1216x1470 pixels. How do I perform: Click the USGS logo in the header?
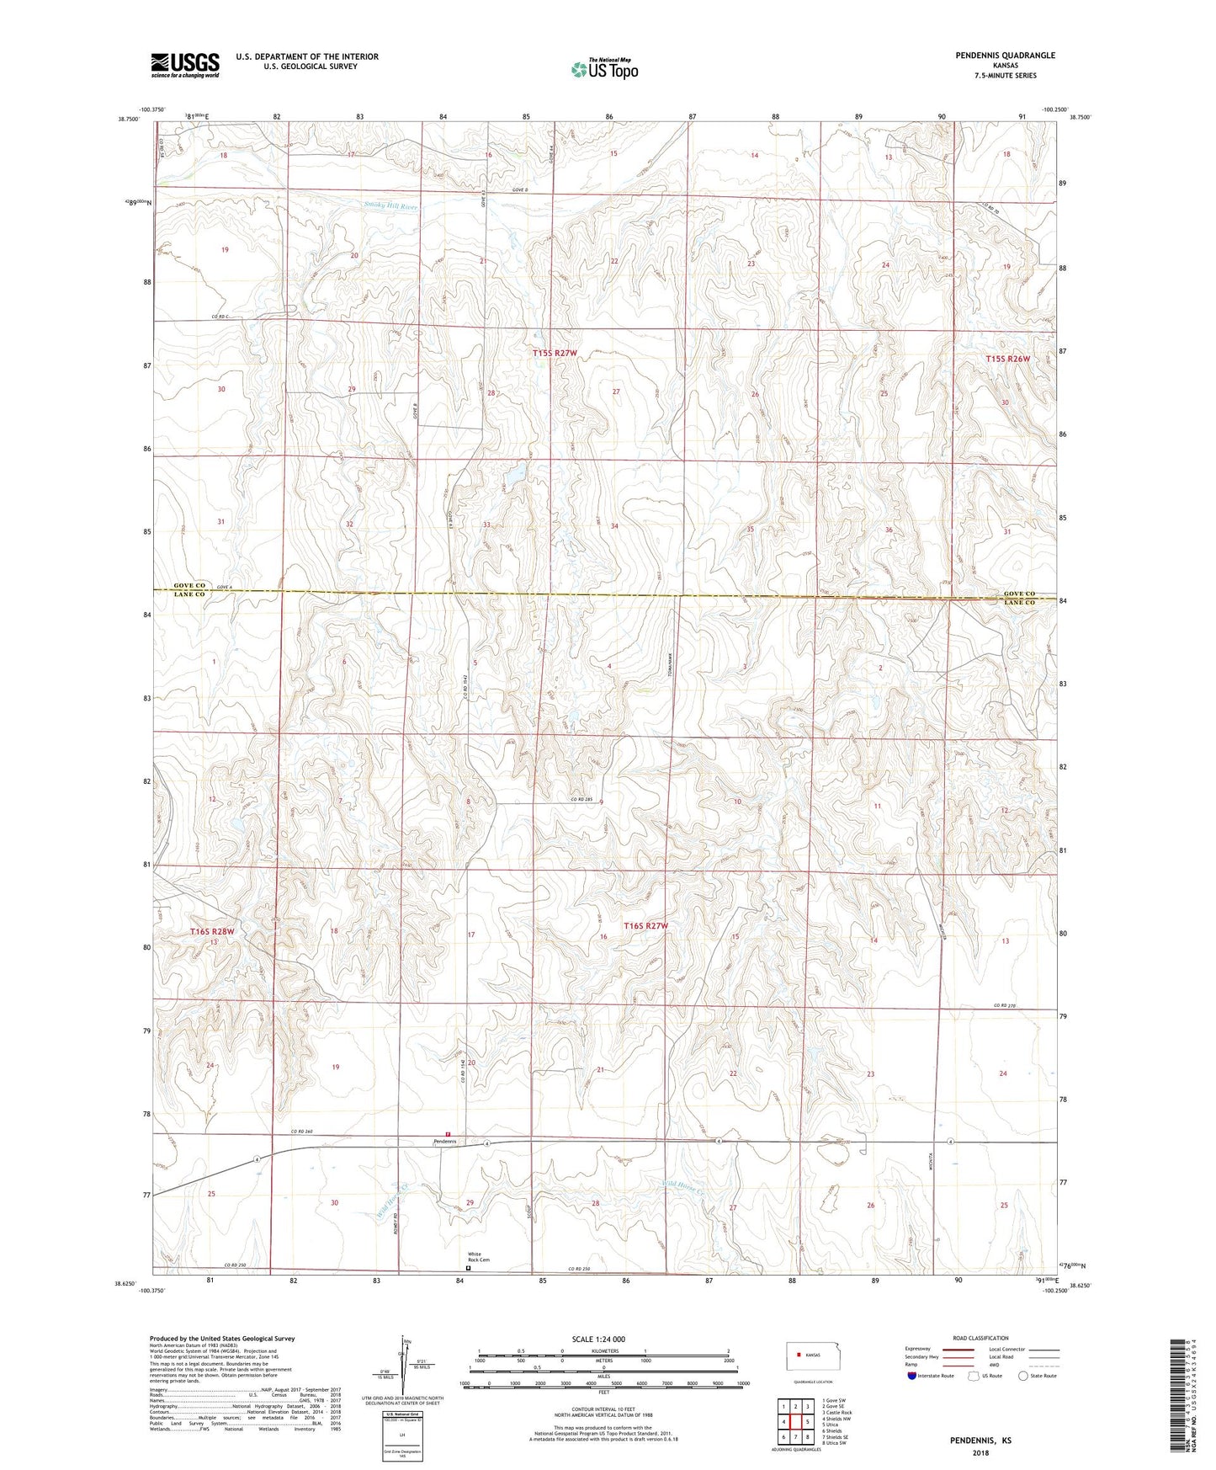pos(185,65)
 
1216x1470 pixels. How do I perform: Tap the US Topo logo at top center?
pos(603,69)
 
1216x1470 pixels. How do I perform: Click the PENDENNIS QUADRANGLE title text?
pos(1005,56)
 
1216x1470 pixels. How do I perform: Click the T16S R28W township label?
pos(211,932)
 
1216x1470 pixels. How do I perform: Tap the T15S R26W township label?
pos(1007,359)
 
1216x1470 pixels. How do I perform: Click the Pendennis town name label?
pos(444,1142)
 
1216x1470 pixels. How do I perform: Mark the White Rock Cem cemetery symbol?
pos(469,1268)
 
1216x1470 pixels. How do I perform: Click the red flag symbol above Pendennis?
pos(449,1133)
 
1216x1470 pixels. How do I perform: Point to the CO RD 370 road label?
pos(1006,1005)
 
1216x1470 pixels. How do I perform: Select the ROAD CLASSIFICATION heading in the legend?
pos(981,1338)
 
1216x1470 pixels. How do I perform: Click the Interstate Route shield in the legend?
pos(913,1376)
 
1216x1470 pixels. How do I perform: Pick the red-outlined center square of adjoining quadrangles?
pos(795,1422)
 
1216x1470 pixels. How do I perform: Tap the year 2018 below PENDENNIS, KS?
pos(980,1453)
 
